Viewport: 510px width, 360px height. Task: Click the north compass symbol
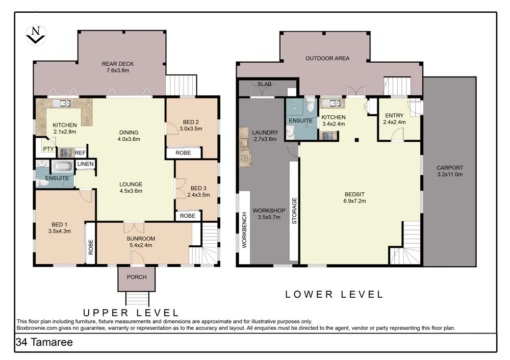(x=36, y=35)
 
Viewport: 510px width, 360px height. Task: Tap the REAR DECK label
(x=118, y=64)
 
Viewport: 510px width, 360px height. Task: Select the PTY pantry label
(x=48, y=149)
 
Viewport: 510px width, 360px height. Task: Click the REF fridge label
(x=81, y=153)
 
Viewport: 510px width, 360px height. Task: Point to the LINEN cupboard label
(x=86, y=164)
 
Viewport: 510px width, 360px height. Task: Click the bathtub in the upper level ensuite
(x=63, y=167)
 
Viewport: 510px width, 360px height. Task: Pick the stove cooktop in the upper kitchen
(x=66, y=153)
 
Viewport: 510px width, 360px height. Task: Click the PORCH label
(x=137, y=277)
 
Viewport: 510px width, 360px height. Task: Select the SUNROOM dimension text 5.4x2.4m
(x=141, y=245)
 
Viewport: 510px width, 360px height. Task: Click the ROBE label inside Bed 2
(x=183, y=153)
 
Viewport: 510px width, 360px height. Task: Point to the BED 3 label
(x=198, y=188)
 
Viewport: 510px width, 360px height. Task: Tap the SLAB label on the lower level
(x=264, y=84)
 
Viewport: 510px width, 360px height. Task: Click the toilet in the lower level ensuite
(x=311, y=104)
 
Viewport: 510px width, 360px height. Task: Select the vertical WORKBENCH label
(x=245, y=230)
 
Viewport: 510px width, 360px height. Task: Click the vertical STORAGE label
(x=294, y=211)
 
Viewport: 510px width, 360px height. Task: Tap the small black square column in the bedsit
(x=357, y=140)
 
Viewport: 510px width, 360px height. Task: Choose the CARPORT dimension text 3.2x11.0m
(x=450, y=174)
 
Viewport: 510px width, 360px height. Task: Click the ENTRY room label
(x=394, y=115)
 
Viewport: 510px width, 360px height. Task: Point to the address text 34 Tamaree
(x=44, y=342)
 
